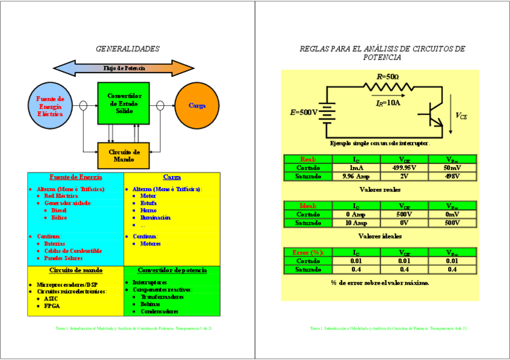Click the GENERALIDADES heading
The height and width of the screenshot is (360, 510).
pos(127,49)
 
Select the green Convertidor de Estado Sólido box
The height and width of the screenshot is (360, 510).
pos(123,103)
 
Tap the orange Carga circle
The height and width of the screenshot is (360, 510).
pos(197,106)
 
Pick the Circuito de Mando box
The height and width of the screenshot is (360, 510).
pos(123,156)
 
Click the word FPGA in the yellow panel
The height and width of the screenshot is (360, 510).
pos(52,305)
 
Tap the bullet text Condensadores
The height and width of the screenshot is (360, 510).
pos(159,311)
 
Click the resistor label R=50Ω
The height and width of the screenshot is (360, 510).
pos(387,77)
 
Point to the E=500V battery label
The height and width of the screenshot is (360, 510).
pos(304,112)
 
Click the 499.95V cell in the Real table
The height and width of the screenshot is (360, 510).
pos(404,168)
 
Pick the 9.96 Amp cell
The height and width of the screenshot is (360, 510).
pos(357,176)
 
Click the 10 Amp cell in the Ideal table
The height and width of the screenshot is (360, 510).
pos(357,222)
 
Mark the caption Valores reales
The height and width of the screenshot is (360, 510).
pos(379,189)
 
